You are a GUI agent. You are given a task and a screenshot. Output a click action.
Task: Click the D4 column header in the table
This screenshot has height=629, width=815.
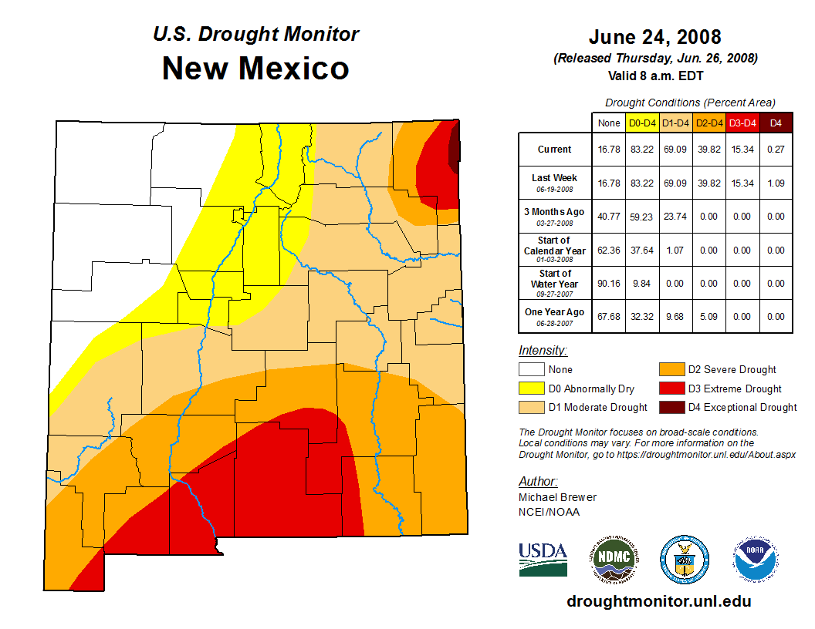pyautogui.click(x=776, y=123)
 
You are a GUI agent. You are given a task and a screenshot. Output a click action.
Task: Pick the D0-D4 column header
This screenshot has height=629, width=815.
pyautogui.click(x=641, y=123)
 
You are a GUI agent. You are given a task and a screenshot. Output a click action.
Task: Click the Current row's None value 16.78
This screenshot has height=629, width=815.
pyautogui.click(x=609, y=150)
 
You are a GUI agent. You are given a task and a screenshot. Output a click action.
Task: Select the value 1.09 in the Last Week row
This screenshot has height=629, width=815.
pyautogui.click(x=776, y=183)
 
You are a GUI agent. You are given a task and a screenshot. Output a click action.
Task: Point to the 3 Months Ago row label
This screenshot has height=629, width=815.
pyautogui.click(x=555, y=216)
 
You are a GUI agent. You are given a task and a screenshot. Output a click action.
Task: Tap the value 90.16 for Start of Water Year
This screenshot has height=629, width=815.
pyautogui.click(x=609, y=283)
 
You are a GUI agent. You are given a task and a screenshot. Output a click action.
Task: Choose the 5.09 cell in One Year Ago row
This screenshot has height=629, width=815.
pyautogui.click(x=709, y=316)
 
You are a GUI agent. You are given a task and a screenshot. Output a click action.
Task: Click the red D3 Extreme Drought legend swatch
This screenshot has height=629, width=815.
pyautogui.click(x=668, y=388)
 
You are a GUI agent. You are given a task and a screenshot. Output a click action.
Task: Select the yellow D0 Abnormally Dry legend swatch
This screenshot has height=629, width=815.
pyautogui.click(x=530, y=388)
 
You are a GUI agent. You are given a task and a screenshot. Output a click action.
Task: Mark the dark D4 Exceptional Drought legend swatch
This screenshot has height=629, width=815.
pyautogui.click(x=668, y=407)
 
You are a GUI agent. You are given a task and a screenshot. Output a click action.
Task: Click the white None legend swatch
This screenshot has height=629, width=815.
pyautogui.click(x=530, y=370)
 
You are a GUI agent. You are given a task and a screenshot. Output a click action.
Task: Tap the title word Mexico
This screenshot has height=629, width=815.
pyautogui.click(x=293, y=69)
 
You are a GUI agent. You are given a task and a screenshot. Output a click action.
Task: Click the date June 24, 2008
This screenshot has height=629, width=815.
pyautogui.click(x=654, y=37)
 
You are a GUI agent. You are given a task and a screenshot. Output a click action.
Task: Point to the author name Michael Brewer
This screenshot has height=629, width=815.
pyautogui.click(x=557, y=497)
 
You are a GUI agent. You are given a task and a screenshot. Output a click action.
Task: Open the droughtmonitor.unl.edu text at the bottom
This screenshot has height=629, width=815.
pyautogui.click(x=658, y=601)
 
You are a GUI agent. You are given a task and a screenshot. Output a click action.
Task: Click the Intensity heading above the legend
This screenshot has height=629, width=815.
pyautogui.click(x=543, y=351)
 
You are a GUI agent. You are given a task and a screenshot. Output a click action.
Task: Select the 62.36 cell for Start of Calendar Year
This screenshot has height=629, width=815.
pyautogui.click(x=609, y=250)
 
